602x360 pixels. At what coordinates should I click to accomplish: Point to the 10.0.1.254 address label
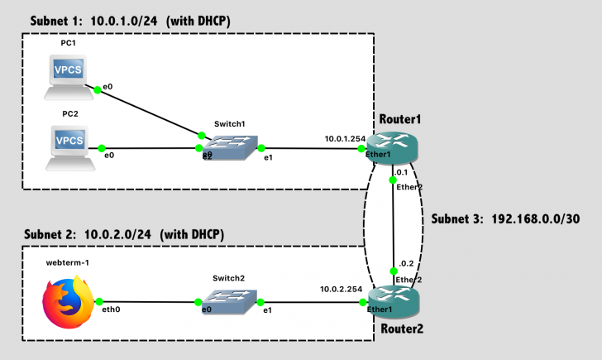(x=342, y=138)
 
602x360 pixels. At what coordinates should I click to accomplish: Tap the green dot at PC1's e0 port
(x=97, y=91)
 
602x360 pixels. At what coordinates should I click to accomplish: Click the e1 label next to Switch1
(x=268, y=158)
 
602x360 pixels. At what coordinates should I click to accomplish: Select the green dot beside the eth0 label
(x=98, y=302)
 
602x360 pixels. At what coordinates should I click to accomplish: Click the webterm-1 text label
(x=68, y=262)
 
